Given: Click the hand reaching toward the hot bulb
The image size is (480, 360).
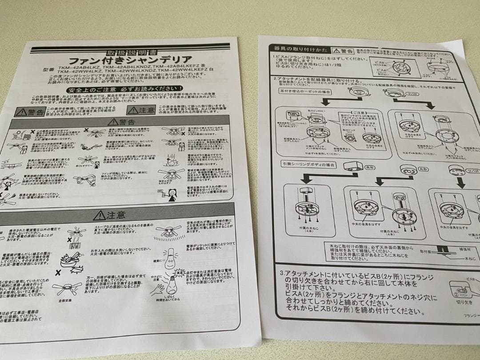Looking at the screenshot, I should coord(159,288).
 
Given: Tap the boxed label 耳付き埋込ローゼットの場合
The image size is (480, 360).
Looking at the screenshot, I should coord(307,91).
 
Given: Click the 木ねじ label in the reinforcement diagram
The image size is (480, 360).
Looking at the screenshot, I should coord(470,257).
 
